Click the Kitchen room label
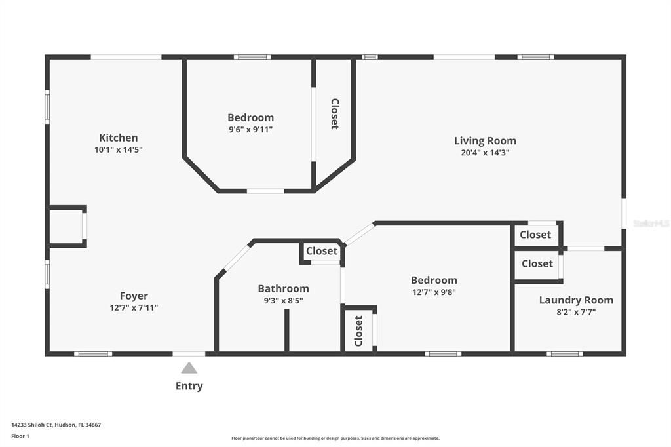pos(118,138)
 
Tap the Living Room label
pos(485,140)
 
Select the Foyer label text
pos(134,296)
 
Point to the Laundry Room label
pos(576,300)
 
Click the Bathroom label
pos(283,288)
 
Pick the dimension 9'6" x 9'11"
pos(250,130)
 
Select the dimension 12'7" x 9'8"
pos(434,292)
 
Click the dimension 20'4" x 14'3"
pos(485,153)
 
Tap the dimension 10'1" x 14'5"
pos(118,149)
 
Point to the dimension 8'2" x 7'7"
pos(576,312)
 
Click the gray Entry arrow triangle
pos(189,368)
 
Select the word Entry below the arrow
pos(189,386)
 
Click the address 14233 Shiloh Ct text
pos(56,425)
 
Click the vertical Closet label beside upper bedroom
pos(334,114)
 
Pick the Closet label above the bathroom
pos(322,251)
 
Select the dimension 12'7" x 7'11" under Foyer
pos(134,307)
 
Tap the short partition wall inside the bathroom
pos(286,330)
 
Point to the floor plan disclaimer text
pos(335,438)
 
